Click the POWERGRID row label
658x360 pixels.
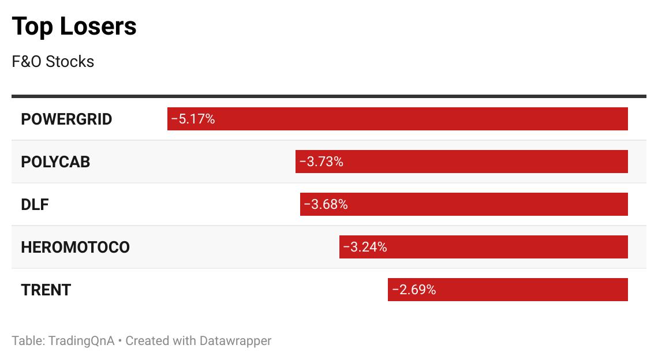pos(66,119)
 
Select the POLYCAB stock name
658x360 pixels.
pos(55,162)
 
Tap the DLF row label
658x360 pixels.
pos(35,205)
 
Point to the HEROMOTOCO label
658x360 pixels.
pos(75,247)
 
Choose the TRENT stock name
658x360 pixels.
pos(46,290)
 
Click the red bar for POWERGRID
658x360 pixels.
pos(421,119)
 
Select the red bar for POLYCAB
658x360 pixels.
pos(485,162)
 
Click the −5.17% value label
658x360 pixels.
pos(193,119)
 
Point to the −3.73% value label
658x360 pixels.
pos(321,162)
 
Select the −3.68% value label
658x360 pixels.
pos(326,205)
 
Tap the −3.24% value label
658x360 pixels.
pos(365,247)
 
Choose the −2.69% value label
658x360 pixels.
pos(413,290)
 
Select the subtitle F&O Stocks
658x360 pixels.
pos(53,62)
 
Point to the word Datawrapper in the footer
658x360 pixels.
pos(235,340)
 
